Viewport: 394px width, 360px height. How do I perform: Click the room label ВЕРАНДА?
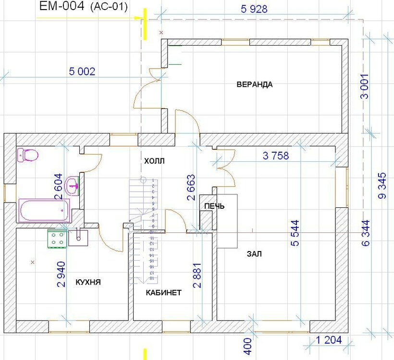point(254,84)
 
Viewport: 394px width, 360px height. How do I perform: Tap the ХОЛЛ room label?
point(154,161)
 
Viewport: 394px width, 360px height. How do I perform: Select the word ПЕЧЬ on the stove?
point(214,206)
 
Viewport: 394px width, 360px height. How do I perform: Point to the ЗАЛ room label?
point(255,254)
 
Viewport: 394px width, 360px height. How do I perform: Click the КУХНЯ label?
point(88,282)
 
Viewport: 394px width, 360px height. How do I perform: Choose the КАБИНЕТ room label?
point(164,292)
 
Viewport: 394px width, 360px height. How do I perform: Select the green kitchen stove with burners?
point(57,239)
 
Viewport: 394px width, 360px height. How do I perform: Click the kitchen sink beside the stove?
point(78,237)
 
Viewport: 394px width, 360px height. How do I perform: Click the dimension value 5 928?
point(253,9)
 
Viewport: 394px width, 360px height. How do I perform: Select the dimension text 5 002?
point(82,72)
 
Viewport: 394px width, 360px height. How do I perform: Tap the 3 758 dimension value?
point(279,156)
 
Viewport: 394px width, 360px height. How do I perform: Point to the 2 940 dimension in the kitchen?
point(61,271)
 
